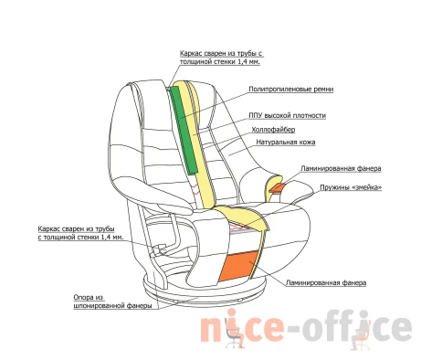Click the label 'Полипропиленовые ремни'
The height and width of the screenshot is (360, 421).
(291, 90)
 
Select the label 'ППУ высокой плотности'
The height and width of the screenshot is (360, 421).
(287, 116)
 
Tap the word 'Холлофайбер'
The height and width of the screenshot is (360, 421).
(273, 130)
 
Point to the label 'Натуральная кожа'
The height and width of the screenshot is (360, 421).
(286, 143)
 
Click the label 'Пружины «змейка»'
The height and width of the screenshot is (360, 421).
(351, 187)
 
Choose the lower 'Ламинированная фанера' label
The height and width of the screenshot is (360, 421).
(326, 283)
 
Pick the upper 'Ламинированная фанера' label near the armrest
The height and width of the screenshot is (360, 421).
(341, 168)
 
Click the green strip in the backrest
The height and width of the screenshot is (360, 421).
(184, 130)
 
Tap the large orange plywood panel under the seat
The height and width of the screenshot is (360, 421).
(239, 266)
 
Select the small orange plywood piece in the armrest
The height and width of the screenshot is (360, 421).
(277, 187)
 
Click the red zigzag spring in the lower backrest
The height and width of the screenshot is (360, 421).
(195, 186)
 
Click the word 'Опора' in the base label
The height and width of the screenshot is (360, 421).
(89, 297)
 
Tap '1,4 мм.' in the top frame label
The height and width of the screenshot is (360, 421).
(248, 62)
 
